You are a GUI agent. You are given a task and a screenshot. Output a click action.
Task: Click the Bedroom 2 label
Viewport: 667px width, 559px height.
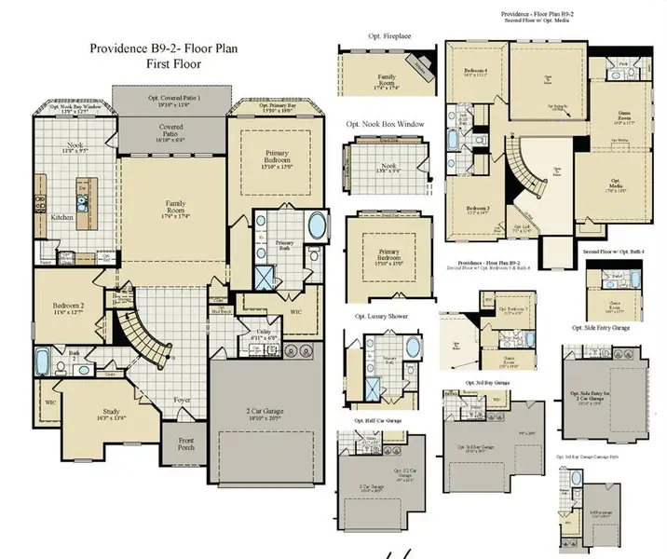click(70, 309)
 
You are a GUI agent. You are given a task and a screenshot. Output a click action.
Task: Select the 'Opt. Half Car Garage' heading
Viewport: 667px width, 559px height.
click(376, 419)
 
